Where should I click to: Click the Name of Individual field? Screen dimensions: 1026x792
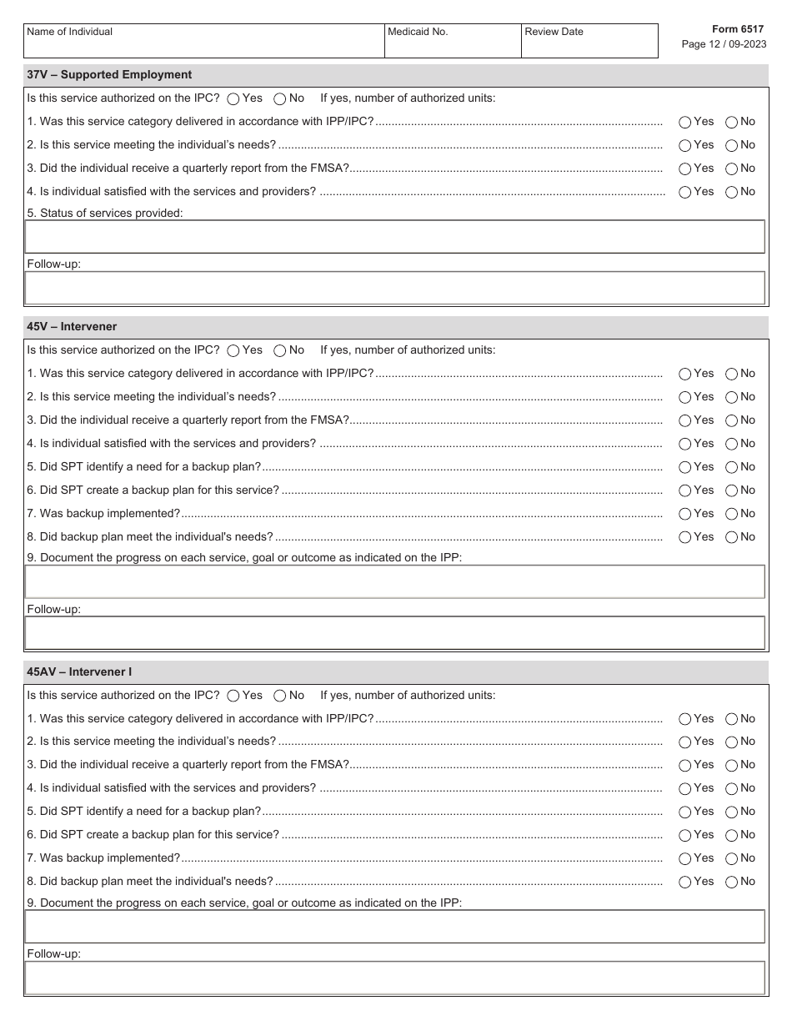(x=203, y=42)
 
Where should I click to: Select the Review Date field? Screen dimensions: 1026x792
(x=589, y=42)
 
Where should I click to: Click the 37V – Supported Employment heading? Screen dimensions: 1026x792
(x=109, y=74)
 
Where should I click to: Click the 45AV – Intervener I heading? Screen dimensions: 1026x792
(x=79, y=671)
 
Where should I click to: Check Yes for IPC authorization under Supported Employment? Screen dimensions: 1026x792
(x=233, y=98)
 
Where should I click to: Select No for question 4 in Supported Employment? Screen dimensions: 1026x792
(x=732, y=192)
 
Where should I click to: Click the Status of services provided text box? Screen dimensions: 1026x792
(x=394, y=237)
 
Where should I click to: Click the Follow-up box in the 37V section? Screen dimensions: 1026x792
(x=394, y=288)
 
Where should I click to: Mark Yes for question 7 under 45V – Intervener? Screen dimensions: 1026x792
(x=685, y=514)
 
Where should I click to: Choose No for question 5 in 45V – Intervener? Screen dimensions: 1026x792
(x=732, y=467)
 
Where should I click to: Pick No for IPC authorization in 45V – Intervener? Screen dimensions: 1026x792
(x=280, y=350)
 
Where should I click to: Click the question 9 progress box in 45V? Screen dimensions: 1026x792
(x=394, y=582)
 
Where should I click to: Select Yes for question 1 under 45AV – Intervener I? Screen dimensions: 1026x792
(x=685, y=718)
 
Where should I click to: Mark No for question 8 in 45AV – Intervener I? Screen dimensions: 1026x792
(x=732, y=882)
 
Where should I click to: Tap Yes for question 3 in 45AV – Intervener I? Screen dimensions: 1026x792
(x=685, y=765)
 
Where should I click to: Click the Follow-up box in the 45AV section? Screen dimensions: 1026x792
(x=394, y=978)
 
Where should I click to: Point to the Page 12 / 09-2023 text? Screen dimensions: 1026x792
(x=724, y=45)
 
